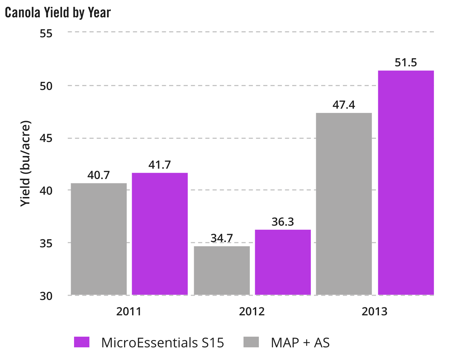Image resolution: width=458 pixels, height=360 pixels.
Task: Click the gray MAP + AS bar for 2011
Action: [x=99, y=239]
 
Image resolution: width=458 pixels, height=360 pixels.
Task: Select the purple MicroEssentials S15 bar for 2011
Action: [x=160, y=234]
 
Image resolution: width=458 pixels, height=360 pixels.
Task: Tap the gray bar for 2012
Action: [x=222, y=270]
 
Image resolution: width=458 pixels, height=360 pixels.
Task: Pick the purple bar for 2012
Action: [x=283, y=262]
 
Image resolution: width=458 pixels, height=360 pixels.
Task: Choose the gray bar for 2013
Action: [x=344, y=204]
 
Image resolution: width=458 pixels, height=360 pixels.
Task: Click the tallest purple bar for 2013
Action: [x=406, y=183]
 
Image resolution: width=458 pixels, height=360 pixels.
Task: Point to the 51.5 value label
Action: [x=406, y=63]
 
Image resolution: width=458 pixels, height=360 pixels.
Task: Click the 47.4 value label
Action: [x=344, y=105]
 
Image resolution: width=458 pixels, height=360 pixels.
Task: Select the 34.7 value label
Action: [x=222, y=238]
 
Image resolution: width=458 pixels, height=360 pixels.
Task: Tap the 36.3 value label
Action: [x=283, y=222]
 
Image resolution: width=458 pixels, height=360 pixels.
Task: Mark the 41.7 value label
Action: [x=160, y=165]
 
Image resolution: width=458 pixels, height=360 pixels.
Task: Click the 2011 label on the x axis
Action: [x=129, y=312]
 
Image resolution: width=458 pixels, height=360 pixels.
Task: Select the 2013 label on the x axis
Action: [x=375, y=312]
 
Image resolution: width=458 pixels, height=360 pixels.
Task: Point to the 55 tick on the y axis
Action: [x=46, y=33]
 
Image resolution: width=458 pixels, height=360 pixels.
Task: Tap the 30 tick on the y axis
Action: [x=46, y=296]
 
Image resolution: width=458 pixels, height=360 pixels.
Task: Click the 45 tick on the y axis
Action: [x=46, y=138]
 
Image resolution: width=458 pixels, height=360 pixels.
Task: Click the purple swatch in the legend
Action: [x=82, y=342]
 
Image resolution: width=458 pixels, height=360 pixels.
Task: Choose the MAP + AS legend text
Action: [x=300, y=343]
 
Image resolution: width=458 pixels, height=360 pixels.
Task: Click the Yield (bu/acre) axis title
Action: [x=26, y=163]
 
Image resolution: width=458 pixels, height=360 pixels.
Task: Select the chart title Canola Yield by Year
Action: [x=58, y=13]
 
